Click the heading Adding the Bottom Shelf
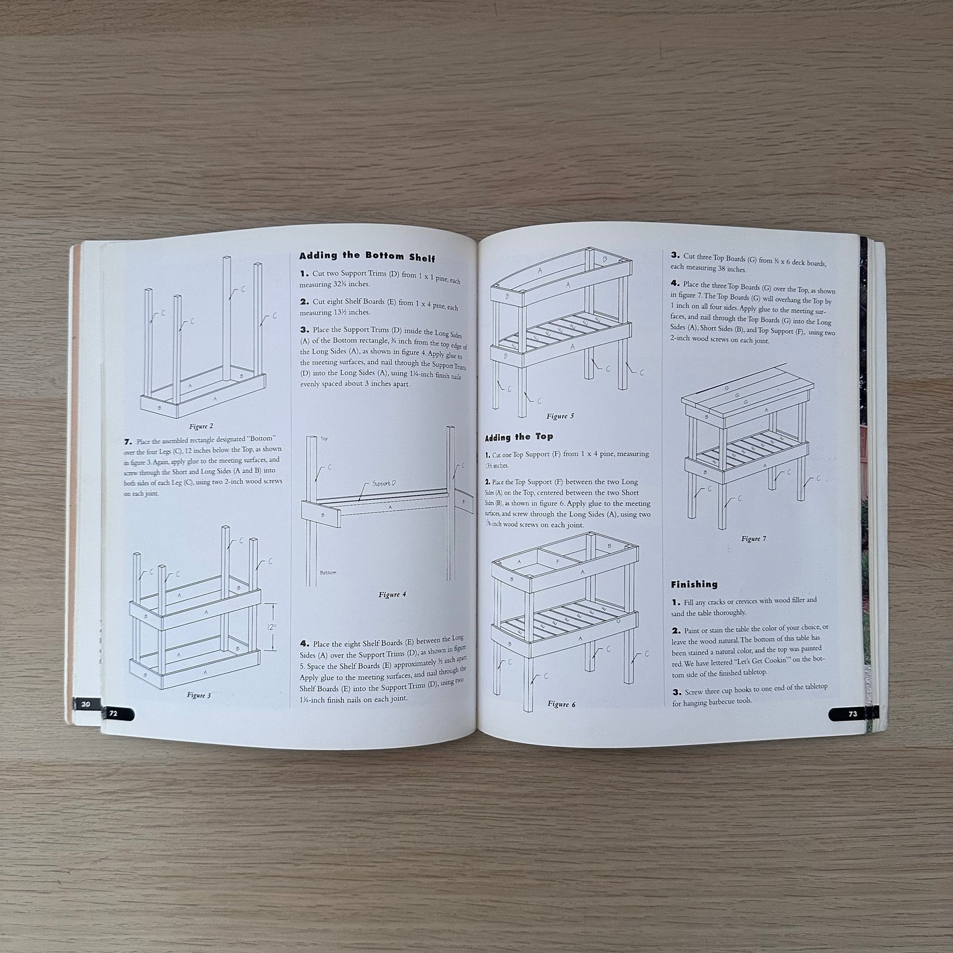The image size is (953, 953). (x=367, y=257)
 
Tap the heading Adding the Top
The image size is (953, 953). (x=519, y=437)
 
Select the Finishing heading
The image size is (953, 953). (x=694, y=584)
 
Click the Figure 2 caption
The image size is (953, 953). (x=201, y=426)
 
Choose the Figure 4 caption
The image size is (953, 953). (x=392, y=594)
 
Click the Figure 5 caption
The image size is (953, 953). (x=561, y=416)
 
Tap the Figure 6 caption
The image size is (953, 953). (x=562, y=704)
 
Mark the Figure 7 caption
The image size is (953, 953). (x=753, y=539)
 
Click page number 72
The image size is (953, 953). (x=113, y=714)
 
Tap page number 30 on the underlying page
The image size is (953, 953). (x=86, y=704)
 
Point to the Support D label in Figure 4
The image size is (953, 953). (x=384, y=484)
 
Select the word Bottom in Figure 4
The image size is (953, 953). (x=328, y=572)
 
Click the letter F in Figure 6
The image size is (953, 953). (x=557, y=562)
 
